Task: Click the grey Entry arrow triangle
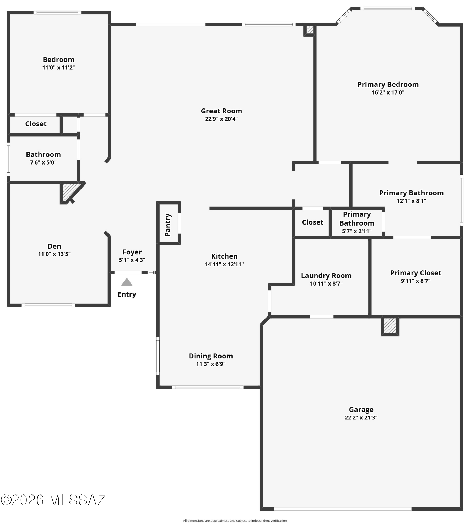pyautogui.click(x=127, y=282)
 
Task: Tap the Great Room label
pyautogui.click(x=222, y=111)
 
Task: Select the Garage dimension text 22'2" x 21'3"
pyautogui.click(x=361, y=418)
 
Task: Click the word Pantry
pyautogui.click(x=168, y=225)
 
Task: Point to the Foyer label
pyautogui.click(x=132, y=252)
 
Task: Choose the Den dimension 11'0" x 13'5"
pyautogui.click(x=54, y=254)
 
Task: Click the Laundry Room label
pyautogui.click(x=326, y=276)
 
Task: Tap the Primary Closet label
pyautogui.click(x=415, y=273)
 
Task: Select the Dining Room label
pyautogui.click(x=211, y=356)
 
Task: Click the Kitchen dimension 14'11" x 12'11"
pyautogui.click(x=224, y=264)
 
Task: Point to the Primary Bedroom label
pyautogui.click(x=388, y=85)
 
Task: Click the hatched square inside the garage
pyautogui.click(x=390, y=326)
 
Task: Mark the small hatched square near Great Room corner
pyautogui.click(x=310, y=30)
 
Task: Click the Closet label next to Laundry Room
pyautogui.click(x=312, y=222)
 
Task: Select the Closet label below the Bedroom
pyautogui.click(x=36, y=124)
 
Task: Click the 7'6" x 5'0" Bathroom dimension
pyautogui.click(x=43, y=162)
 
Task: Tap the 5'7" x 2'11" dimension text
pyautogui.click(x=357, y=231)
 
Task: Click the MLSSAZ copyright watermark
pyautogui.click(x=53, y=500)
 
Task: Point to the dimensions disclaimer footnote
pyautogui.click(x=235, y=521)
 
